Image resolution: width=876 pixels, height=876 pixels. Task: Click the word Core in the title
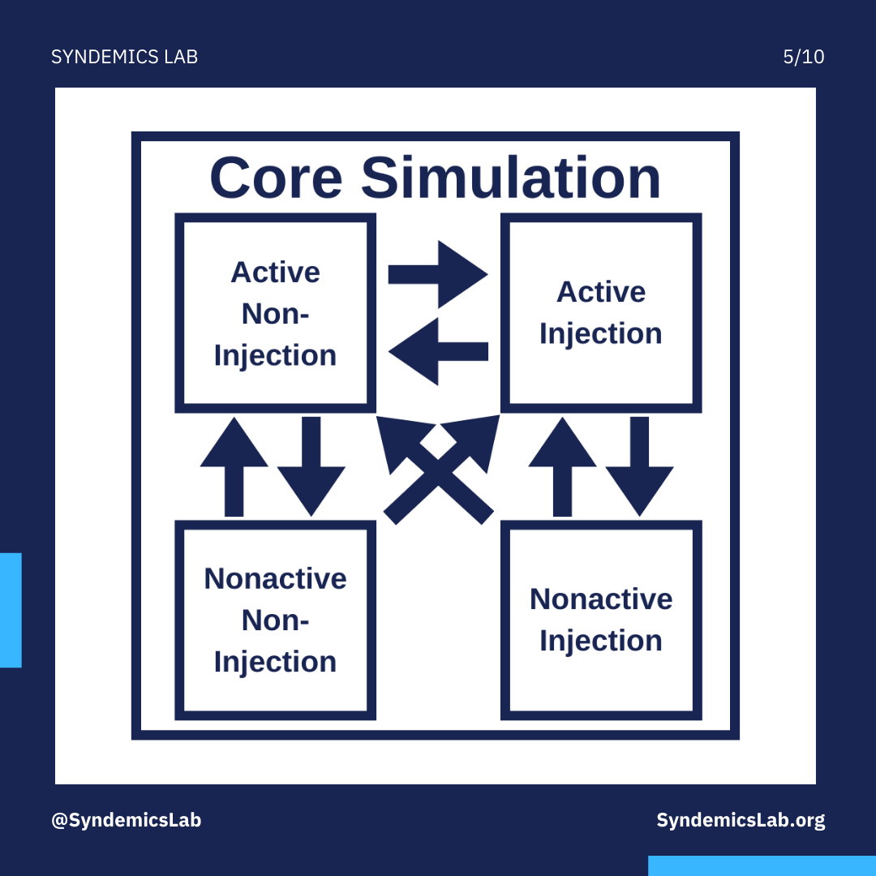(x=276, y=178)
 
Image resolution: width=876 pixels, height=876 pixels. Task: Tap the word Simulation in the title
(x=511, y=177)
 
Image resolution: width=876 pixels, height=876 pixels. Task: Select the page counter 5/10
(x=803, y=57)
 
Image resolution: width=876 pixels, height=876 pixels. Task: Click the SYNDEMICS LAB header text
(x=125, y=57)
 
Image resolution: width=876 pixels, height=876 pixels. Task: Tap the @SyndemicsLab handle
(x=127, y=820)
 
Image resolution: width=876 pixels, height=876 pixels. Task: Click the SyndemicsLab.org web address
(x=741, y=820)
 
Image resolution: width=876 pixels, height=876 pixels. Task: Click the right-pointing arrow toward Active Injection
(x=438, y=274)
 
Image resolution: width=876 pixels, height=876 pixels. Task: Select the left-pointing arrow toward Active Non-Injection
(x=438, y=351)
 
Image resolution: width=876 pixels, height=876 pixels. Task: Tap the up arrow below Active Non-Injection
(x=234, y=466)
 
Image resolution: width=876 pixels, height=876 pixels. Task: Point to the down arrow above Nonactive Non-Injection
(x=311, y=466)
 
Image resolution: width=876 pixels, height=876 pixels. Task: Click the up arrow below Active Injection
(x=563, y=466)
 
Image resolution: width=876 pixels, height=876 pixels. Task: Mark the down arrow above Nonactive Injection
(x=640, y=466)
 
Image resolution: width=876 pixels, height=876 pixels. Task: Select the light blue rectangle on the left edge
(x=11, y=610)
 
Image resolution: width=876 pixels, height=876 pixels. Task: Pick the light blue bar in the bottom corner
(x=762, y=866)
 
